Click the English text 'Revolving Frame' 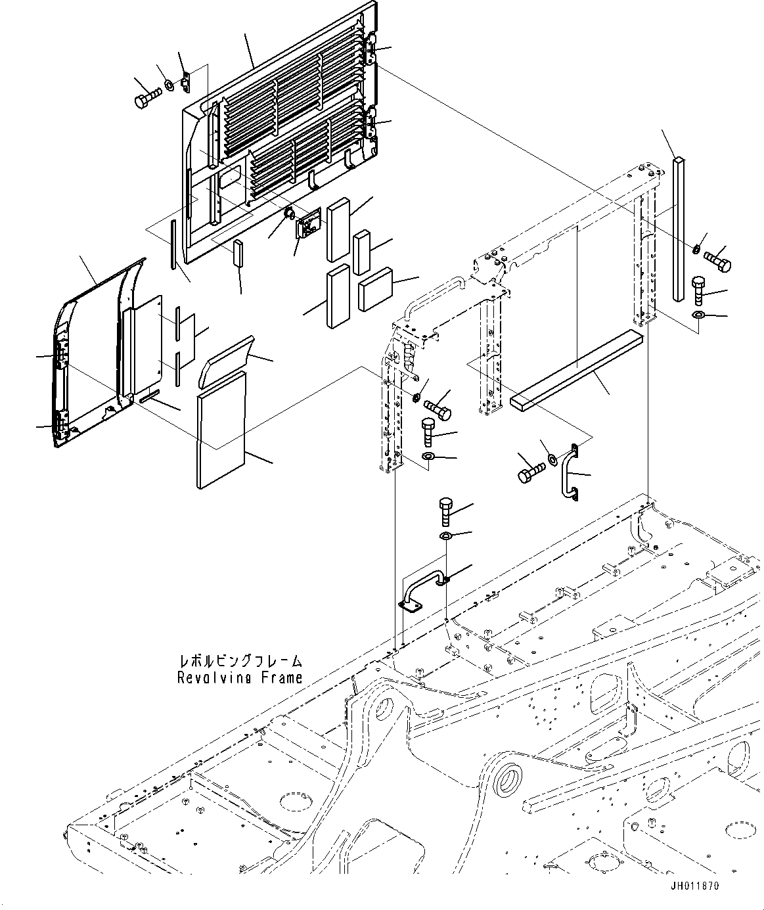click(x=240, y=677)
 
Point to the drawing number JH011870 click(x=694, y=886)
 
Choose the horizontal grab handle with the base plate click(x=420, y=590)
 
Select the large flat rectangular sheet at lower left click(x=221, y=430)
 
